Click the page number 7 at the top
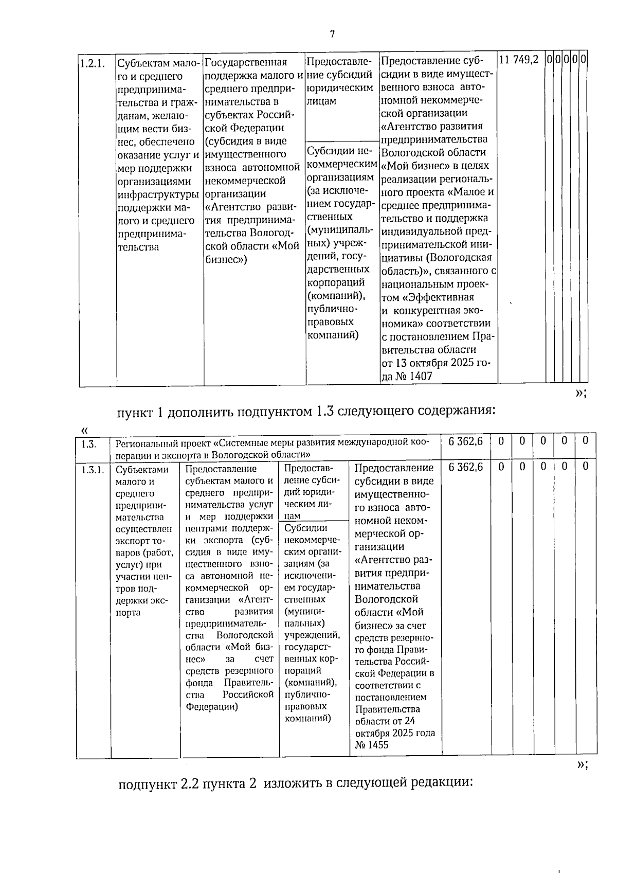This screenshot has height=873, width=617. pyautogui.click(x=332, y=34)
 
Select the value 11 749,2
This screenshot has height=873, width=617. pyautogui.click(x=519, y=60)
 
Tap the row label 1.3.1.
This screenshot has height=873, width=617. pyautogui.click(x=93, y=469)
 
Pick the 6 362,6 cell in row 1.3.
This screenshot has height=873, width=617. pyautogui.click(x=465, y=441)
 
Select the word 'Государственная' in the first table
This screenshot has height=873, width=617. pyautogui.click(x=245, y=63)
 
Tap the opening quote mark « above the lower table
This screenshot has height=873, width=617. pyautogui.click(x=84, y=430)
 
